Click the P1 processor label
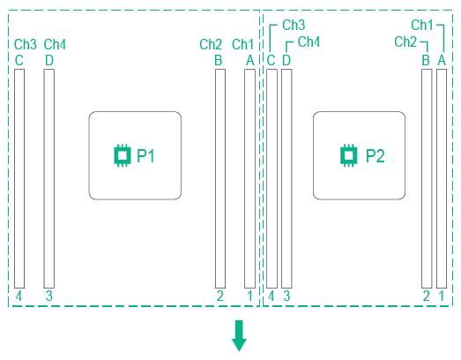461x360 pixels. tap(145, 155)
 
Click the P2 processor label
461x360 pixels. tap(375, 155)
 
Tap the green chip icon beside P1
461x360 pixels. tap(123, 155)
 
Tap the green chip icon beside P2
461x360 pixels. tap(349, 155)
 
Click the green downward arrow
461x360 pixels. tap(239, 335)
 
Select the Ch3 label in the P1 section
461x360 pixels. tap(26, 44)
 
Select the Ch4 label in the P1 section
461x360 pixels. tap(55, 44)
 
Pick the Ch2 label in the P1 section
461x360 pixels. tap(211, 44)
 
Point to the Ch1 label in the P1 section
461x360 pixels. tap(242, 44)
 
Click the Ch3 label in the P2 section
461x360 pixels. tap(294, 25)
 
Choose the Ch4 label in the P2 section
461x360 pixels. tap(309, 41)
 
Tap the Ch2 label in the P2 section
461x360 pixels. tap(405, 41)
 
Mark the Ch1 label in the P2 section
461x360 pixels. tap(422, 25)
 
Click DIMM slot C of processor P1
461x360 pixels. tap(19, 178)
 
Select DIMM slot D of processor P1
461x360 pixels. tap(49, 178)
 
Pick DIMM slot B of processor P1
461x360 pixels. tap(220, 178)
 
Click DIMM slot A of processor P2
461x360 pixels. tap(442, 178)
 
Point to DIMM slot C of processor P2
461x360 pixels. tap(271, 178)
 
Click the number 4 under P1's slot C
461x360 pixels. tap(19, 296)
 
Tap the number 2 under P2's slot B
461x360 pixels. tap(427, 296)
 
